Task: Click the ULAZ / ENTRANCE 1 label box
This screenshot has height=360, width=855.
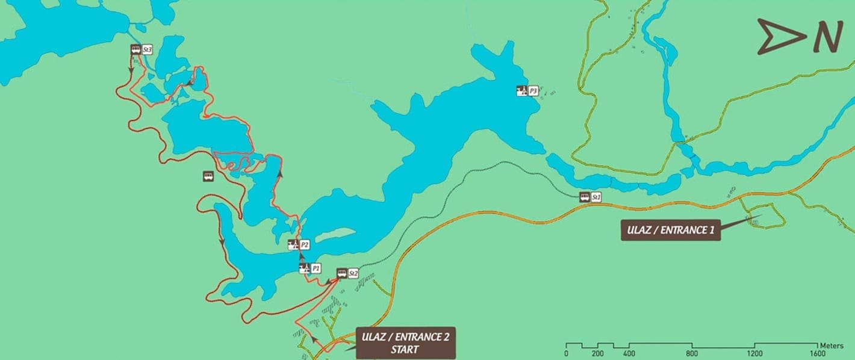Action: pos(670,229)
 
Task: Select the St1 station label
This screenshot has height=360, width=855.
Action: pos(596,197)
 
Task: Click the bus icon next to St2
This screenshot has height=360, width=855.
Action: pos(341,273)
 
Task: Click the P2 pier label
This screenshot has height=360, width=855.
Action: pos(305,244)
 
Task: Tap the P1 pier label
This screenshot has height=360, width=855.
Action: pos(316,268)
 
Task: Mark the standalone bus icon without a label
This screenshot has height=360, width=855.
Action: pos(208,176)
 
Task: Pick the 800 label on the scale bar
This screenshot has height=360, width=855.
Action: pos(692,353)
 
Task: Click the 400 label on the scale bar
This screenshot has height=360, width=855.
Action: pos(629,353)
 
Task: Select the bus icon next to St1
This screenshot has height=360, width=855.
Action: pos(584,197)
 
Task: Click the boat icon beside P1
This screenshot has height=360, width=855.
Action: pos(304,268)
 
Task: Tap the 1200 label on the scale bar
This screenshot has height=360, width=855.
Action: pos(754,353)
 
